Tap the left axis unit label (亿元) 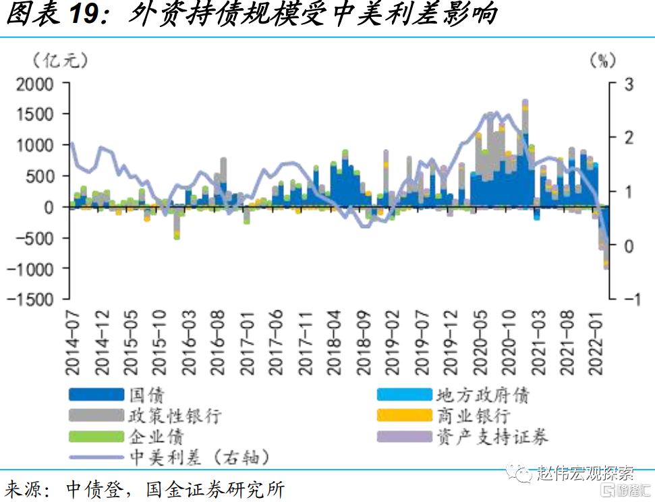click(60, 61)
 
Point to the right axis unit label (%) click(602, 61)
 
